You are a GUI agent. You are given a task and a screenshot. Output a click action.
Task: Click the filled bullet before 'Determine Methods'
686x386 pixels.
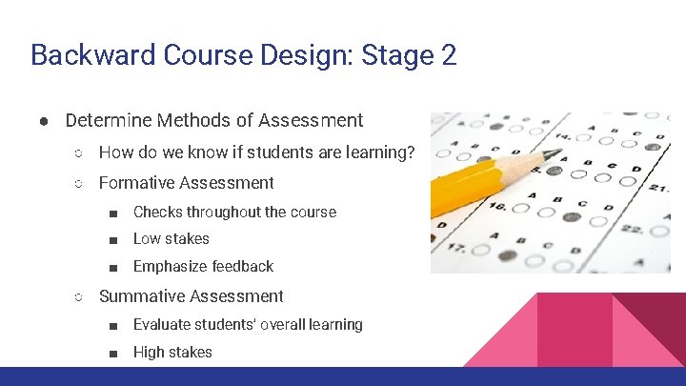(x=44, y=121)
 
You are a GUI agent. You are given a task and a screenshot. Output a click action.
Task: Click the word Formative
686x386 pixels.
(x=138, y=183)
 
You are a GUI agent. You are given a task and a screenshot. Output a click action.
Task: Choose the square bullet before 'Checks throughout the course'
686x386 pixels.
(x=113, y=213)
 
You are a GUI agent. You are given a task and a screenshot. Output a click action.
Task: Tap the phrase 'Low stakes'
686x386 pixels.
(x=171, y=239)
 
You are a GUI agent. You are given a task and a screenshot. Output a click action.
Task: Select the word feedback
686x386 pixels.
(x=242, y=267)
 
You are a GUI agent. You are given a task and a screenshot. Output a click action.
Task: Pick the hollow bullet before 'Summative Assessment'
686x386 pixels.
(x=79, y=297)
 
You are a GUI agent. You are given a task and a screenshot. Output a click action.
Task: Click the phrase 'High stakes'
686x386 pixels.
(x=172, y=353)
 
